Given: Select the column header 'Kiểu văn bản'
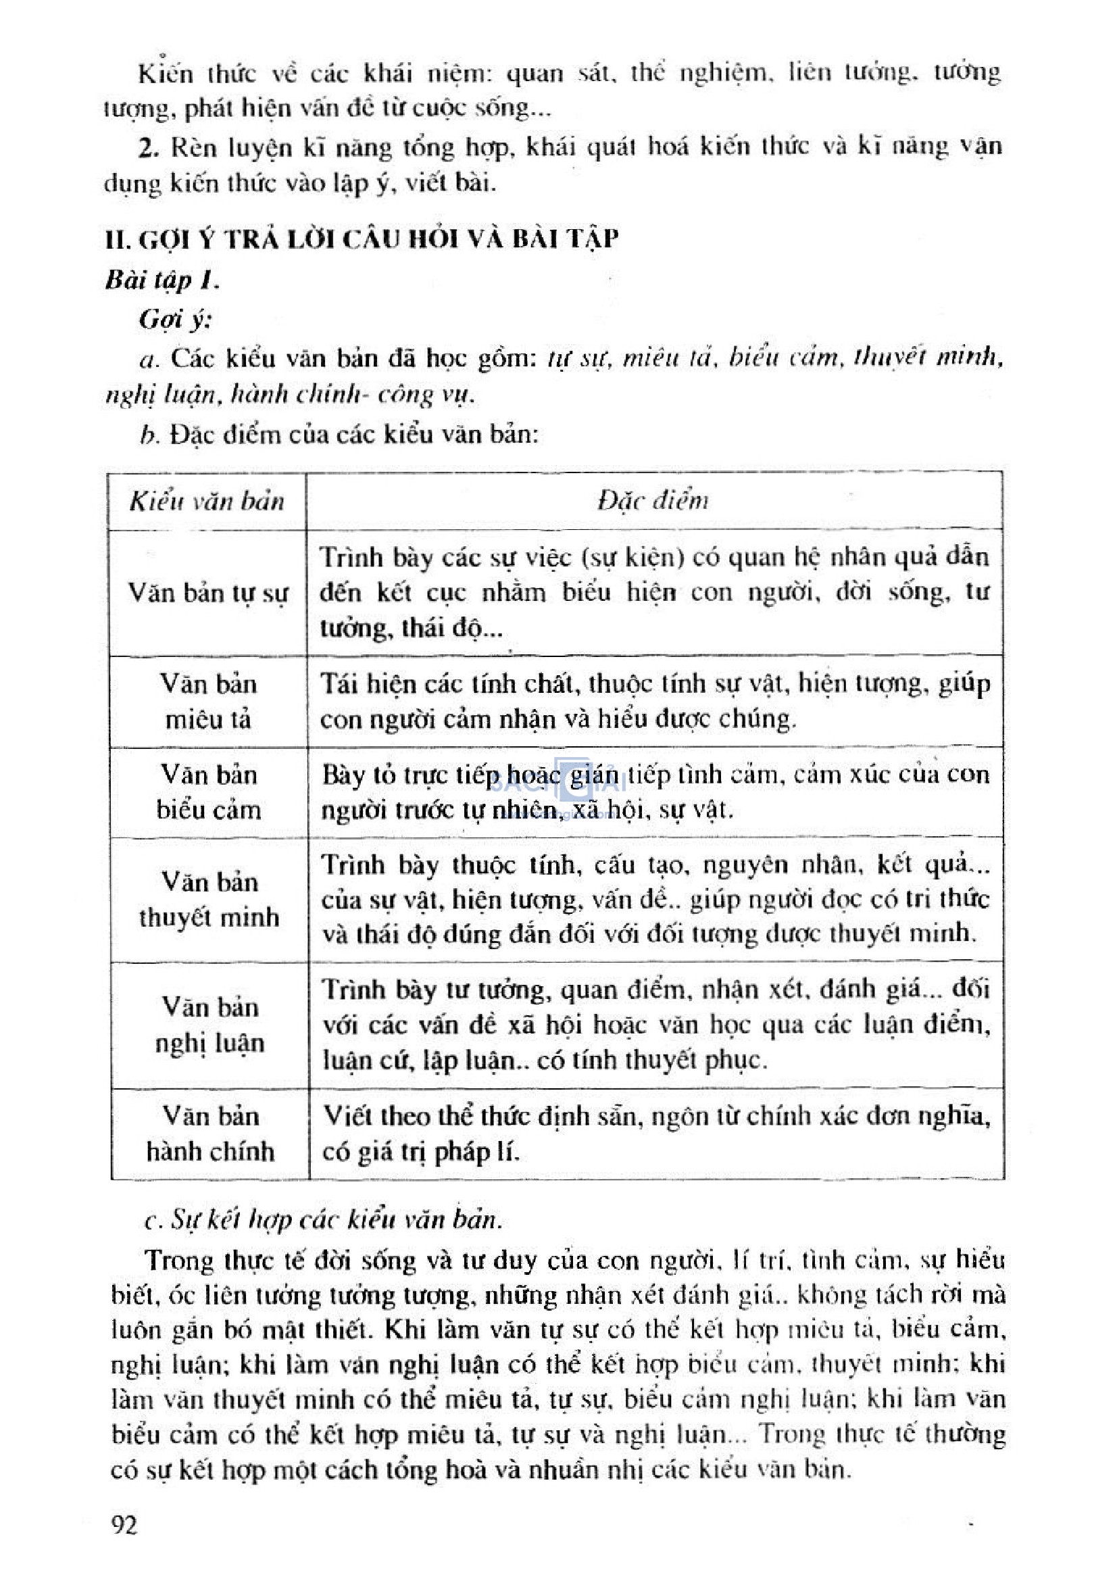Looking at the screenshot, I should pyautogui.click(x=207, y=502).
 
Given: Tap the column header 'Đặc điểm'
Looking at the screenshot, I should pyautogui.click(x=653, y=500).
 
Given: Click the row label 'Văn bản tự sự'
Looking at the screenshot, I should pyautogui.click(x=207, y=593).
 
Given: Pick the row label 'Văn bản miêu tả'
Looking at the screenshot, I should pyautogui.click(x=208, y=702).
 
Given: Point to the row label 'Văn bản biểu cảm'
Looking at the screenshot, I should pyautogui.click(x=208, y=792).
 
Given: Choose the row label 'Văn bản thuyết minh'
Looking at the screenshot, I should pyautogui.click(x=208, y=899).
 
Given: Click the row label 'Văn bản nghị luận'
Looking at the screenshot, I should pyautogui.click(x=209, y=1025).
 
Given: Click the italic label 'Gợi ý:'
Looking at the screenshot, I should pyautogui.click(x=176, y=319).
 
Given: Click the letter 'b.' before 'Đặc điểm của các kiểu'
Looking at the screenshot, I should pyautogui.click(x=149, y=435).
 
